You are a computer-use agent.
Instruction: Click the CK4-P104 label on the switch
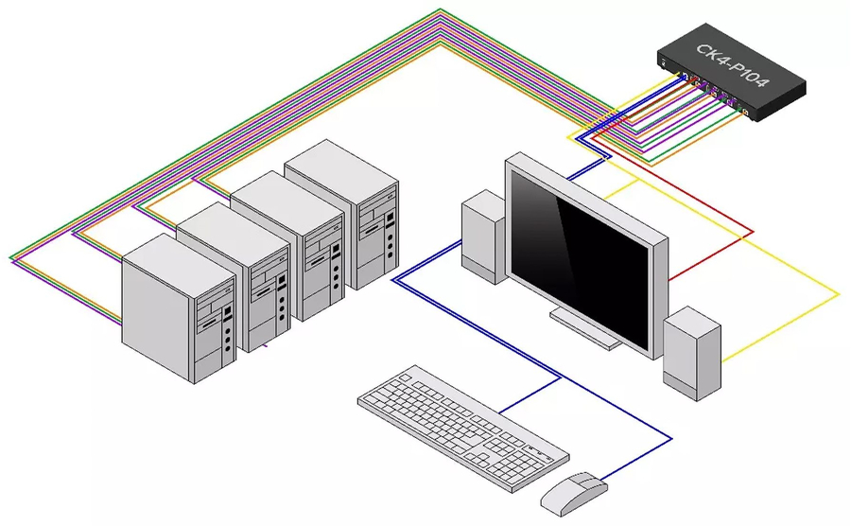732,67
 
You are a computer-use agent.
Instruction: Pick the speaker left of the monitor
483,237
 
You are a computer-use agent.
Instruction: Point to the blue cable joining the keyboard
530,394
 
